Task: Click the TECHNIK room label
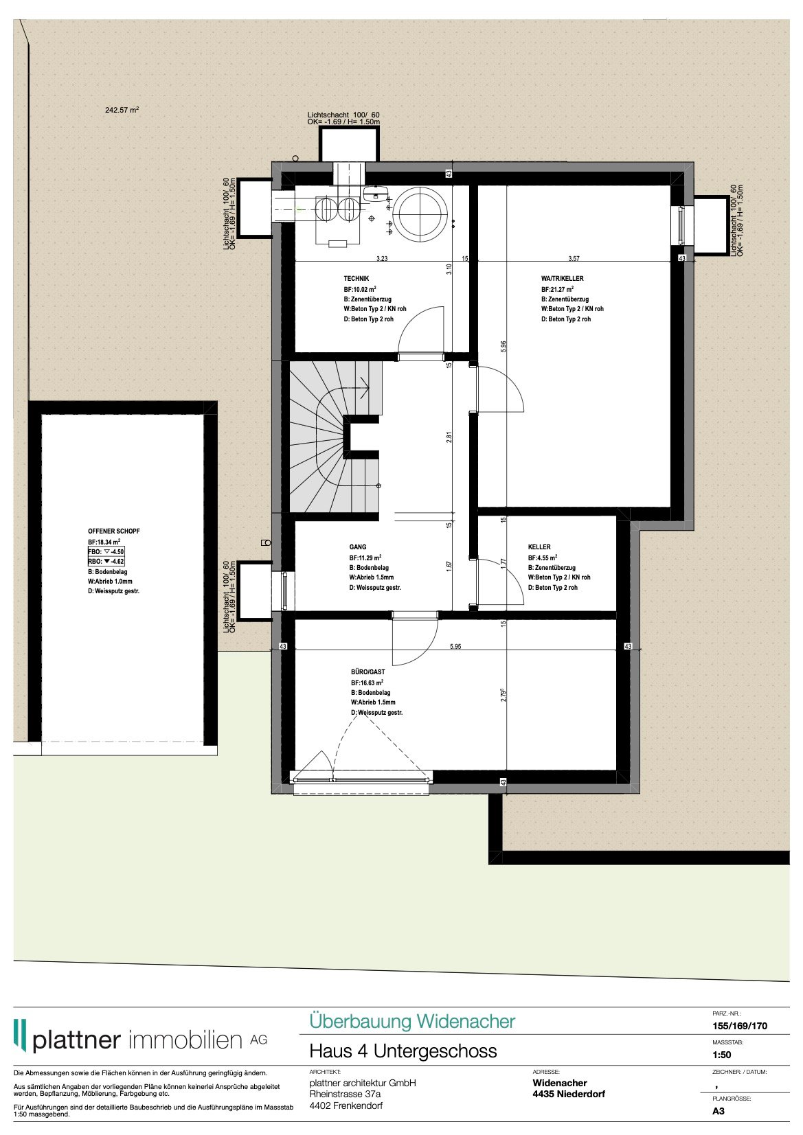pos(356,279)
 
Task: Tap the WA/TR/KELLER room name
pos(562,279)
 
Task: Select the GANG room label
pos(358,547)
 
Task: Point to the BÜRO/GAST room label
pos(367,672)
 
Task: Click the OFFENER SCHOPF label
pos(114,531)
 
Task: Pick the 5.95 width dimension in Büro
pos(455,647)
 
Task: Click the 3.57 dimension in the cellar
pos(574,259)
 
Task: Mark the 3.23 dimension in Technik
pos(382,259)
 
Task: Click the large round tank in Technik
pos(420,213)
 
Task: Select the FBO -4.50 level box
pos(106,552)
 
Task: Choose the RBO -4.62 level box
pos(106,562)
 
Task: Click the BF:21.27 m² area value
pos(557,290)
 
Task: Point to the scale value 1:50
pos(722,1055)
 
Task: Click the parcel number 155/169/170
pos(740,1026)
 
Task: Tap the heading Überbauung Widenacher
pos(412,1022)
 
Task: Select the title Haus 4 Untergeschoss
pos(403,1051)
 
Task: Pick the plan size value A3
pos(719,1111)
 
